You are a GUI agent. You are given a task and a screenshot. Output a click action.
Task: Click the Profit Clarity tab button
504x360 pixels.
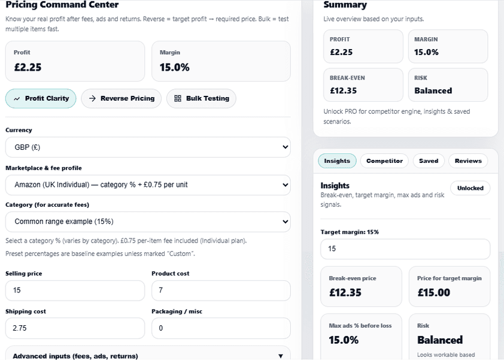coord(41,98)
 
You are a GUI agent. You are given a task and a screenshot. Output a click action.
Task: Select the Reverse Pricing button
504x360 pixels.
coord(121,98)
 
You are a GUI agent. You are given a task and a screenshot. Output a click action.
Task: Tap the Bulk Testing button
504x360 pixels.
coord(201,98)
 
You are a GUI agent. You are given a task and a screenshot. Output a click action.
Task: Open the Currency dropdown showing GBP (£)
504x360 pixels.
coord(147,147)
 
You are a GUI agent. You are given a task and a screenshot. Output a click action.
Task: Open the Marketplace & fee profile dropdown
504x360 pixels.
coord(147,184)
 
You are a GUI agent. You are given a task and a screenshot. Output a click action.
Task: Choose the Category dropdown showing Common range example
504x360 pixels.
coord(147,222)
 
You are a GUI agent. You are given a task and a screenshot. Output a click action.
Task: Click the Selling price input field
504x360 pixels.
coord(75,291)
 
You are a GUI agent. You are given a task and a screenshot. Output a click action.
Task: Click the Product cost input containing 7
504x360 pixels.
coord(221,291)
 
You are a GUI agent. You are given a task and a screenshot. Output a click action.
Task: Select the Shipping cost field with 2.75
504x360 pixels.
coord(75,328)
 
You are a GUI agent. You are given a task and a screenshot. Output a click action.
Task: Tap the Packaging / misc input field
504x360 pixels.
coord(221,328)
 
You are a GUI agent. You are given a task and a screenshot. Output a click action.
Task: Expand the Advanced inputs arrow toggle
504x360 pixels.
coord(281,356)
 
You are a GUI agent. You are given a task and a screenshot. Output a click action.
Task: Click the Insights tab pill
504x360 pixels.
coord(337,161)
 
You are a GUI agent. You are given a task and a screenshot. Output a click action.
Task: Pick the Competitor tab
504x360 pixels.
coord(384,161)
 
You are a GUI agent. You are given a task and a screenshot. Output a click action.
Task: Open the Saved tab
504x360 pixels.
coord(429,161)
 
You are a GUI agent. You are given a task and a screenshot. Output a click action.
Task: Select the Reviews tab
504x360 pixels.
coord(468,161)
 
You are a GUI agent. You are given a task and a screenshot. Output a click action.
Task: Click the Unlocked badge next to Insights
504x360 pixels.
coord(470,188)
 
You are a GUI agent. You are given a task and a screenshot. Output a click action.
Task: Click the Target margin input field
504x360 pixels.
coord(405,249)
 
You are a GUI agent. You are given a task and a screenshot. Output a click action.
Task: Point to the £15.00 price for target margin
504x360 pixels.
coord(433,293)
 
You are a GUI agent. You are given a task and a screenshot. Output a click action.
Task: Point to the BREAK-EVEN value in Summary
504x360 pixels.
coord(344,91)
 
